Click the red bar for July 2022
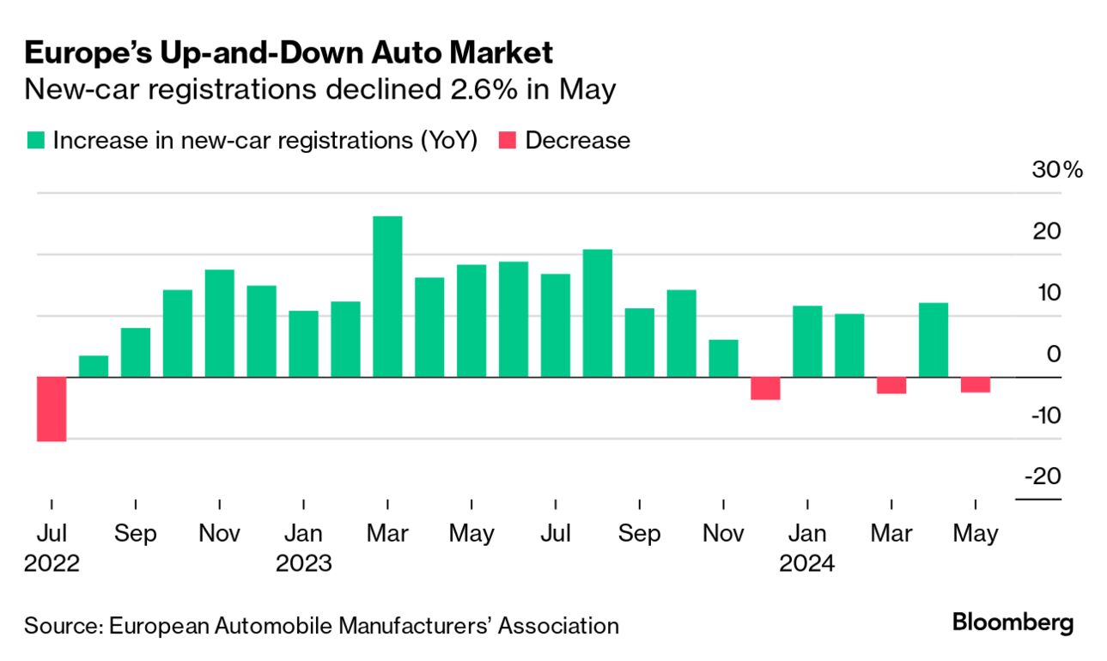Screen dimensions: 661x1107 click(52, 409)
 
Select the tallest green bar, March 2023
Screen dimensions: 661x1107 click(387, 296)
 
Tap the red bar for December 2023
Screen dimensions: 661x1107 click(765, 389)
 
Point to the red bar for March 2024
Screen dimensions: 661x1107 click(891, 385)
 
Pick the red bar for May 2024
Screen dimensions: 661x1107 click(975, 385)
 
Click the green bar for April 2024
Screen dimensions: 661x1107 click(934, 340)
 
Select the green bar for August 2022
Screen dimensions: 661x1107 click(94, 367)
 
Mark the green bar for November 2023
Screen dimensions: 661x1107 click(723, 359)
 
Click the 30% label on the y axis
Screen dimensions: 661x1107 click(1058, 170)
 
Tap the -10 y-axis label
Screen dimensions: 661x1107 click(1044, 415)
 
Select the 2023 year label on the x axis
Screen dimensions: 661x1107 click(303, 564)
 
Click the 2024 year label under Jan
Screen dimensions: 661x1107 click(806, 564)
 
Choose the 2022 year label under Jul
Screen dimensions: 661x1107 click(52, 564)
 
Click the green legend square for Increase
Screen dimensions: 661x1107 click(35, 141)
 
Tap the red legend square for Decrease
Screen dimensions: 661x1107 click(508, 141)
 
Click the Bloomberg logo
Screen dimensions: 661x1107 click(1013, 622)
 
